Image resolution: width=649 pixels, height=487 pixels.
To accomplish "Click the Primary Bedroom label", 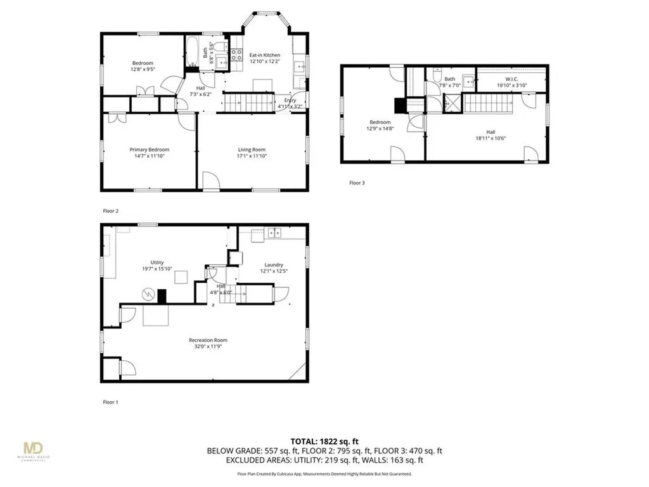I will click(x=150, y=150).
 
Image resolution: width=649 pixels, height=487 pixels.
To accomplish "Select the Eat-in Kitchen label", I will click(x=264, y=55).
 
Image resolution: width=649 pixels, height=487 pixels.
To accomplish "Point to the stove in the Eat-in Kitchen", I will click(x=236, y=55).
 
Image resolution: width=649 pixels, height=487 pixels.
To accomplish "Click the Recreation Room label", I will click(x=212, y=341).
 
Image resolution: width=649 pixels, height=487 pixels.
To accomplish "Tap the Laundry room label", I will click(x=274, y=265).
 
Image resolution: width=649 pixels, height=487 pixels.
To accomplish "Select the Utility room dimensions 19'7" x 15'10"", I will click(x=157, y=269).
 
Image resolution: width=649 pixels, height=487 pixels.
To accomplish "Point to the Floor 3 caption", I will click(x=357, y=183).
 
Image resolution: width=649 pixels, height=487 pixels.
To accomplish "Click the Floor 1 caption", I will click(x=110, y=402).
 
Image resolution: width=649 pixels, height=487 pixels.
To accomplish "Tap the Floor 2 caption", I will click(x=110, y=211).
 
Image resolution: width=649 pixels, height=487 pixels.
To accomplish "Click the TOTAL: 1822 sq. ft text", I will click(x=324, y=441).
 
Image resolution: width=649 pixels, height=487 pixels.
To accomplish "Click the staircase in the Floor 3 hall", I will click(x=488, y=103).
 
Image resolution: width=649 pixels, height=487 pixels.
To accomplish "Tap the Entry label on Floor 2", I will click(x=290, y=100).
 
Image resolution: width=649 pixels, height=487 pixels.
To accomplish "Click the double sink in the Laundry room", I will click(x=274, y=233).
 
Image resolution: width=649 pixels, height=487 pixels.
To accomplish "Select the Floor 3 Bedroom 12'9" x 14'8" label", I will click(x=380, y=126).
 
